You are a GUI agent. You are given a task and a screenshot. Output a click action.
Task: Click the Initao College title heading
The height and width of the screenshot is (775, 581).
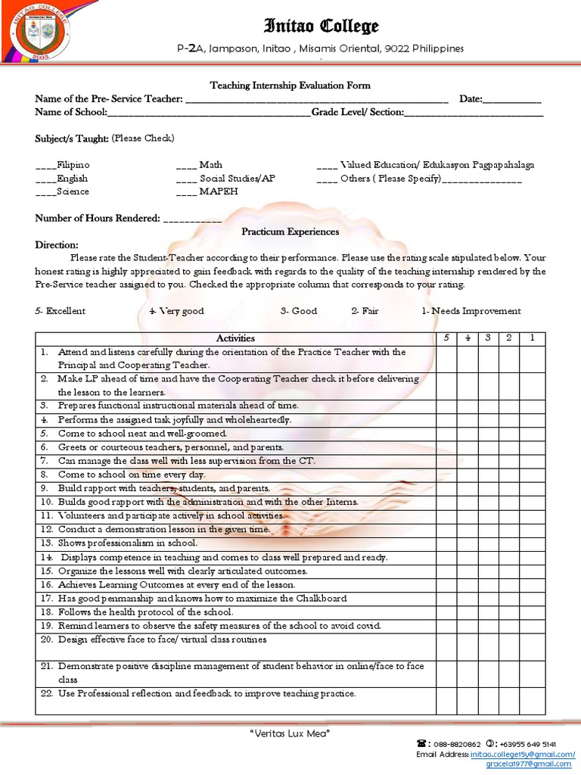coord(321,27)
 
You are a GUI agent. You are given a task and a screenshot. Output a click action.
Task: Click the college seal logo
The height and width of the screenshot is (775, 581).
coord(39,33)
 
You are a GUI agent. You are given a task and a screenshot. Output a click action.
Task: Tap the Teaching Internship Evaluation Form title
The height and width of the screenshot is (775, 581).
coord(290,86)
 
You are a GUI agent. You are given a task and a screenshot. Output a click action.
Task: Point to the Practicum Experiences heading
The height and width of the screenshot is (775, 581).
coord(290,232)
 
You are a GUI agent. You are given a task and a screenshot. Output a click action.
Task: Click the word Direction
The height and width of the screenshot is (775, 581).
coord(57,245)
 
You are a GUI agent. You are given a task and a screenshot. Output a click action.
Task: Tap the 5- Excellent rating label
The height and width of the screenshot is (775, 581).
coord(61,311)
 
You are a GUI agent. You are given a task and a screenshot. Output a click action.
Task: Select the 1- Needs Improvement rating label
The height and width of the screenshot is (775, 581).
coord(471,311)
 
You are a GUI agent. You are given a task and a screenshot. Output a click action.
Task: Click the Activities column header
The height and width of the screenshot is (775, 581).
coord(235,338)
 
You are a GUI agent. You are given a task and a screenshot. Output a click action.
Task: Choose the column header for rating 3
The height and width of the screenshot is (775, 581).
coord(489,338)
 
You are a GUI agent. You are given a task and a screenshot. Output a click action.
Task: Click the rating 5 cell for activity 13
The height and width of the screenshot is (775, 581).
coord(446,543)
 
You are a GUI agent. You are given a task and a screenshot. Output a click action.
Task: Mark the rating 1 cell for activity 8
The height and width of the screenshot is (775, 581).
coord(532,475)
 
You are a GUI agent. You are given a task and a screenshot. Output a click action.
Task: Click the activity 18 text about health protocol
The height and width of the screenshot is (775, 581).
coord(145,612)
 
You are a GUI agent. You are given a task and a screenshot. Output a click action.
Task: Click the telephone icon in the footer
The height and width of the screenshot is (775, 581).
coord(423,744)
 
